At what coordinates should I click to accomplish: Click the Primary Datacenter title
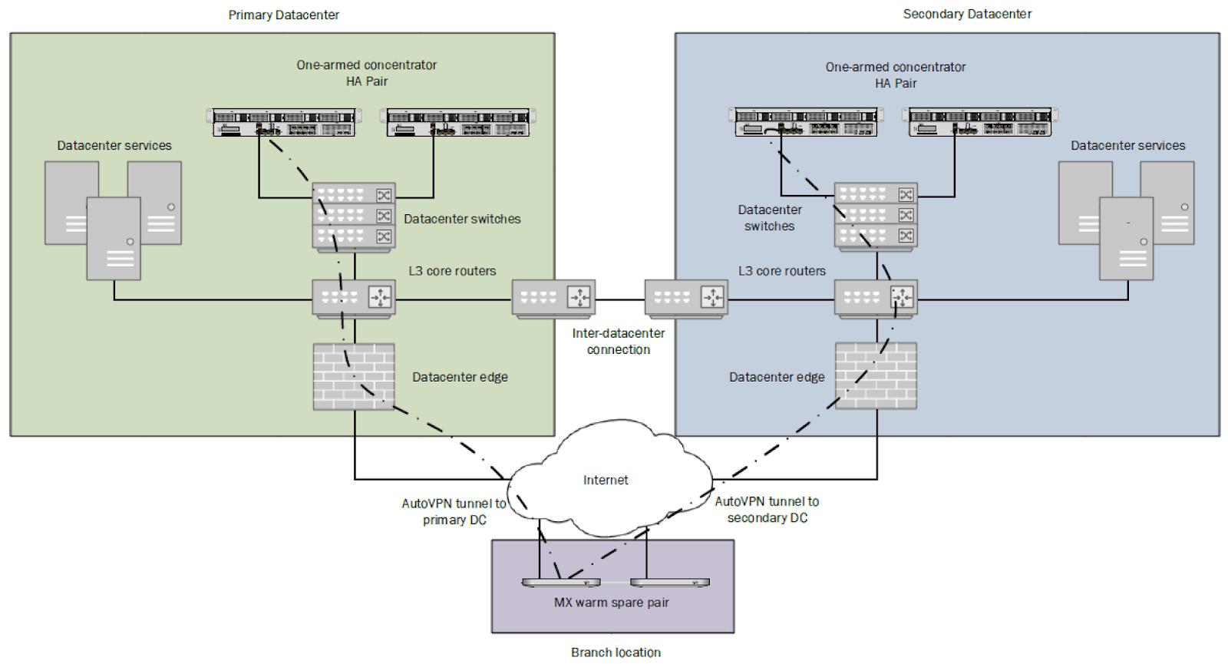(283, 15)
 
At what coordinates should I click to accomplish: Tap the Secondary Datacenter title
(967, 14)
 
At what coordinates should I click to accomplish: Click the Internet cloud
(609, 477)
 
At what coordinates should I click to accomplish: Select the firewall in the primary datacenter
(354, 376)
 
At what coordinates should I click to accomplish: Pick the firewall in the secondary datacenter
(876, 375)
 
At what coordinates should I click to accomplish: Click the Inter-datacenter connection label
(619, 341)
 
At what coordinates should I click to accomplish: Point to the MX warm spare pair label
(611, 602)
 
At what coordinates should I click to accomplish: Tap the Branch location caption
(616, 652)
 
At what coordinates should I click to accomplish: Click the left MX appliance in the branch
(561, 583)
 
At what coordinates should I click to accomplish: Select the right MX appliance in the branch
(670, 583)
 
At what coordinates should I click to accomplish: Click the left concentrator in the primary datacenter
(283, 122)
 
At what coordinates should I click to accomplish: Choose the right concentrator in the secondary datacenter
(979, 122)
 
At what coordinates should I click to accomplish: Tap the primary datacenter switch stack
(354, 217)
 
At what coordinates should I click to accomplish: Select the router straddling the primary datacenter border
(553, 299)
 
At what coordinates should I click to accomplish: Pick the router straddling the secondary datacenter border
(686, 299)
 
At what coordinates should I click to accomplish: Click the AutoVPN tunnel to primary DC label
(454, 511)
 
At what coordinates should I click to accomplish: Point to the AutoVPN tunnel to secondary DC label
(767, 510)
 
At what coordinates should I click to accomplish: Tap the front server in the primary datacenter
(114, 239)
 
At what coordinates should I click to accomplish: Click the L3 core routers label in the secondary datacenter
(782, 271)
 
